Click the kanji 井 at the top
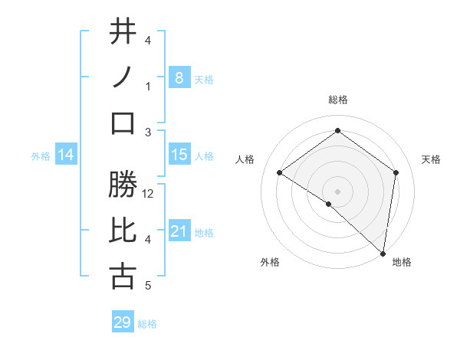(x=123, y=32)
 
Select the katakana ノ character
(x=123, y=77)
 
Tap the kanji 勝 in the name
(x=123, y=185)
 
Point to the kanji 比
(x=123, y=231)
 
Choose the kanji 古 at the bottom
(x=123, y=276)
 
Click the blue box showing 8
(x=179, y=77)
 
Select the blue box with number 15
(x=179, y=155)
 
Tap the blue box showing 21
(x=179, y=231)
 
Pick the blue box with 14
(x=66, y=155)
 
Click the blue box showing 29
(x=123, y=322)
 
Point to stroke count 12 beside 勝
(x=149, y=194)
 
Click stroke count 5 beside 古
(x=148, y=286)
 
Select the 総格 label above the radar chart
(x=337, y=100)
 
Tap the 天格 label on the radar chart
(x=431, y=159)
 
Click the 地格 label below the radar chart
(x=402, y=262)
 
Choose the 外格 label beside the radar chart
(x=270, y=262)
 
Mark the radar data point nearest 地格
(x=382, y=252)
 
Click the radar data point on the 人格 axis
(x=280, y=173)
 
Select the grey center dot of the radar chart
(x=337, y=191)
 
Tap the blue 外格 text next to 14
(x=41, y=155)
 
